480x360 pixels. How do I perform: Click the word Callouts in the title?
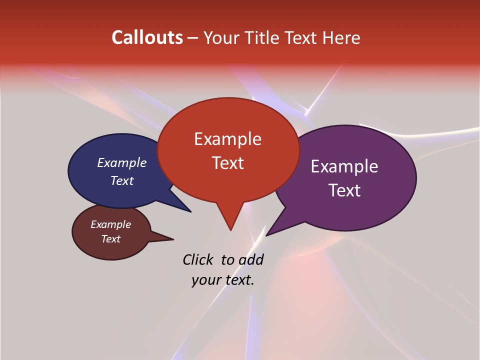[147, 37]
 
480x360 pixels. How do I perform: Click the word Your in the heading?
[221, 37]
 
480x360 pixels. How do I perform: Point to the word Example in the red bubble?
[227, 139]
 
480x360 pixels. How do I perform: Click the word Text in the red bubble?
[227, 163]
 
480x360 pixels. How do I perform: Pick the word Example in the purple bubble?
[344, 166]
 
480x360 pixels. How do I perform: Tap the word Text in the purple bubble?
[344, 190]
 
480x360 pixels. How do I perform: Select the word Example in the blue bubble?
[122, 162]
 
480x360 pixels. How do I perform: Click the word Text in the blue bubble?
[122, 180]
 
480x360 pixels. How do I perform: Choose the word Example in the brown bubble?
[110, 224]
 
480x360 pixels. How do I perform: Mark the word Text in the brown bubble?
[110, 239]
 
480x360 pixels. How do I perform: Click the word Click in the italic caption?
[198, 259]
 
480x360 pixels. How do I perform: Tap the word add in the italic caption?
[250, 259]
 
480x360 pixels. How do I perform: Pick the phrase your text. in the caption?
[223, 280]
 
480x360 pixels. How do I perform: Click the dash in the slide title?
[193, 37]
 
